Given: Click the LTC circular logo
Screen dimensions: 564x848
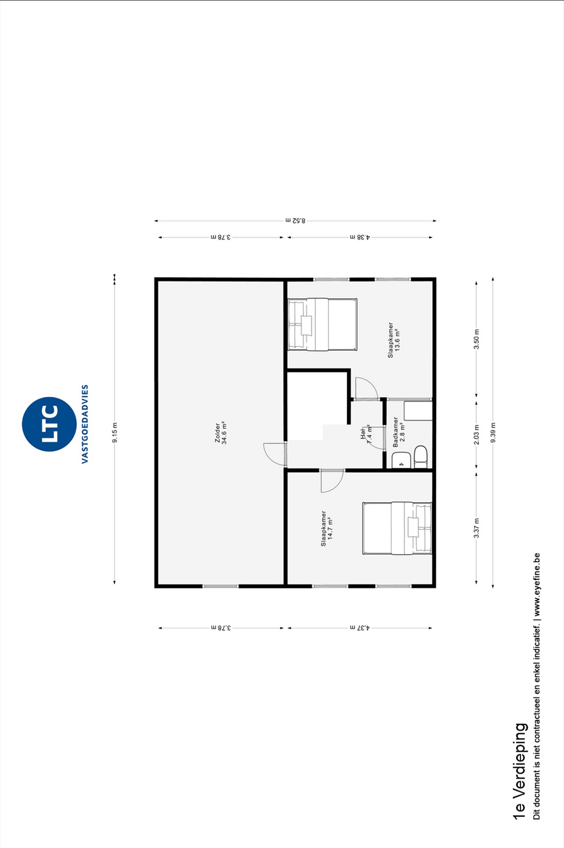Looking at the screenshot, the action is [x=49, y=424].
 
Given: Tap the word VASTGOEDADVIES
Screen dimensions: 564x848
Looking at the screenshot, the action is [x=85, y=424].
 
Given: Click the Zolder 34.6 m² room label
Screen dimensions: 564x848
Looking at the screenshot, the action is [x=221, y=433].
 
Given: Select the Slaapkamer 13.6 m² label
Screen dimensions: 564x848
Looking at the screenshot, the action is [x=394, y=340].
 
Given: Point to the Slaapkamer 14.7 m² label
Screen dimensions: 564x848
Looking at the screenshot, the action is [x=327, y=528].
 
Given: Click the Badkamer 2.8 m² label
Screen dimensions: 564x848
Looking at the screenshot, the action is [x=399, y=432].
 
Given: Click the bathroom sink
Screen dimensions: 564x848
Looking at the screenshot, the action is [x=401, y=460].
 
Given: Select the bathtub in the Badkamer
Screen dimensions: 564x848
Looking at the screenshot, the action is [x=418, y=411].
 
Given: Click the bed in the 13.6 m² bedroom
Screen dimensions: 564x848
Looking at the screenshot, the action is [x=322, y=324].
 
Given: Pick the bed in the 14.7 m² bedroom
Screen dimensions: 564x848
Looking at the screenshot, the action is [x=397, y=528].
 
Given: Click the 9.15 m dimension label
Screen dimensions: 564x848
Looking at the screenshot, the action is [x=115, y=432].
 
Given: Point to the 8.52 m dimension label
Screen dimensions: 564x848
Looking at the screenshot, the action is [x=295, y=220].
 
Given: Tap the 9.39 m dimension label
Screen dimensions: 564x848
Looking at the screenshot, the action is [x=493, y=432].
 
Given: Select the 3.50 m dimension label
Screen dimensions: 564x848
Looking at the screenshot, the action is [x=477, y=339].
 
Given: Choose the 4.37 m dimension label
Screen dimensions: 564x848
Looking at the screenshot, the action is [x=360, y=628].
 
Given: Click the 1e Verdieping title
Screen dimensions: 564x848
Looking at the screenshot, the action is [x=519, y=771].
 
